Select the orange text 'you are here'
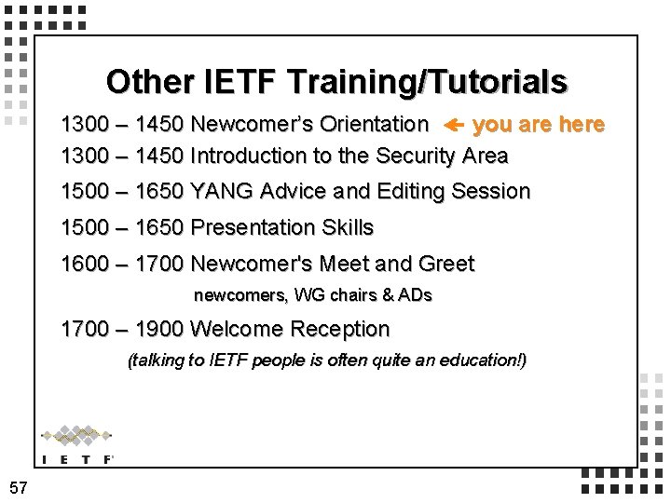(x=539, y=125)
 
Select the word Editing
(x=411, y=192)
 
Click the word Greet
(x=446, y=265)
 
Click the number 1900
(x=159, y=330)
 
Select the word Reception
(x=340, y=330)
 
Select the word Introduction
(x=248, y=156)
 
